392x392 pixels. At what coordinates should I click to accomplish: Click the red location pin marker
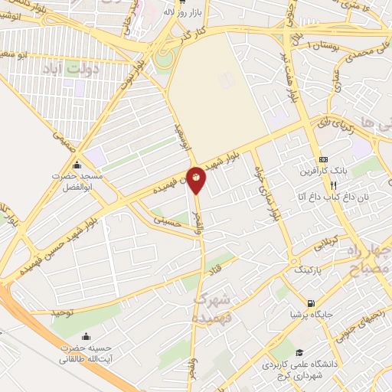196,178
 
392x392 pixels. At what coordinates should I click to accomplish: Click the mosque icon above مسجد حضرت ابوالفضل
76,165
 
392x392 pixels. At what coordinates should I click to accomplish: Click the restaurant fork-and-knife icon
332,185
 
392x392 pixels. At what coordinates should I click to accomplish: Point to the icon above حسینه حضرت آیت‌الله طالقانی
85,335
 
